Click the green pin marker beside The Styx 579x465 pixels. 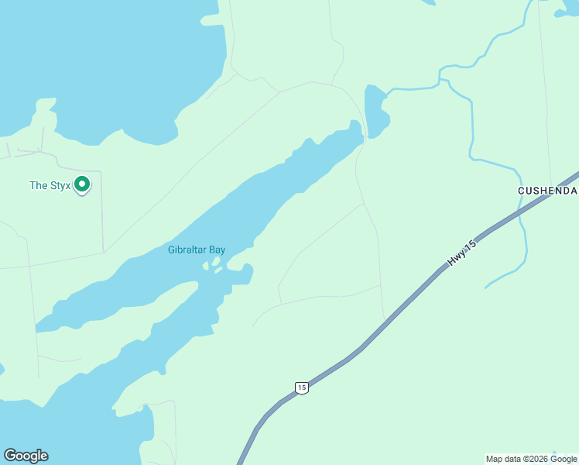[x=82, y=185]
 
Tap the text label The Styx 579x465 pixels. [x=49, y=185]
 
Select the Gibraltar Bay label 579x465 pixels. [x=197, y=250]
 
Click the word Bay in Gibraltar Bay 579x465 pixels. [x=216, y=250]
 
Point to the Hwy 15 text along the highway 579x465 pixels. [x=461, y=254]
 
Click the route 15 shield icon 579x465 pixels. [x=302, y=387]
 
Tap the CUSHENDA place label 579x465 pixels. [x=547, y=190]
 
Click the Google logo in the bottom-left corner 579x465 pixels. [x=26, y=456]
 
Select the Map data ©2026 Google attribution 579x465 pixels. [x=531, y=459]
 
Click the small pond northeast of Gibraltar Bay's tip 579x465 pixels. [x=375, y=112]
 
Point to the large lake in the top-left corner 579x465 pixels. [x=101, y=62]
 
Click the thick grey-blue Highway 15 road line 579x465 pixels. [x=403, y=310]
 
